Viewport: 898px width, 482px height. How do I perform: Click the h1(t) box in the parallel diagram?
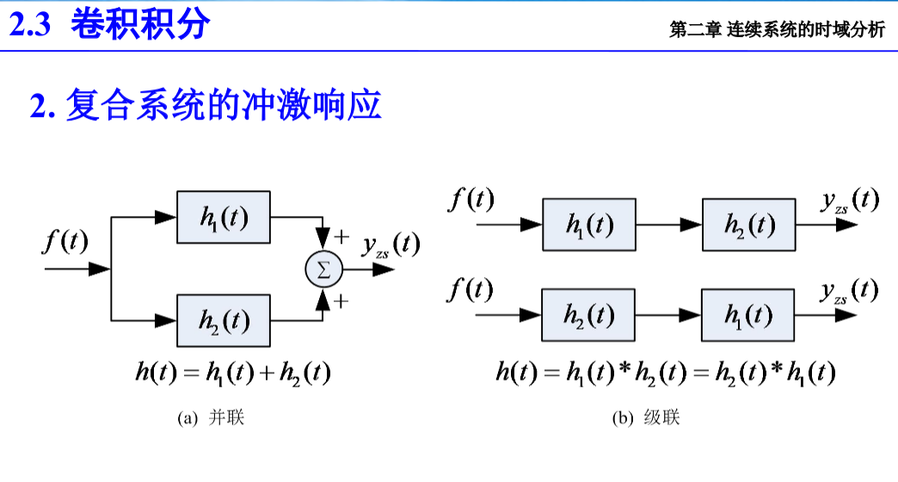point(224,218)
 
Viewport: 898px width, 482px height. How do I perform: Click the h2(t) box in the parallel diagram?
point(224,320)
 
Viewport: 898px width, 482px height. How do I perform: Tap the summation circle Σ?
point(323,269)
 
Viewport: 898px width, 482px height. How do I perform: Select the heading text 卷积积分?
point(140,24)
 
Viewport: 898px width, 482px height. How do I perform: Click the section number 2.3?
point(32,25)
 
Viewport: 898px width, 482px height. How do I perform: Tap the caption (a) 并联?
point(211,418)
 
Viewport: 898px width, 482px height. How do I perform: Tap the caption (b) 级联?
point(645,418)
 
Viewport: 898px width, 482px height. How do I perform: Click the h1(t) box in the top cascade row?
point(589,225)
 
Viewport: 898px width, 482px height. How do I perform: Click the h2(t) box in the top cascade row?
point(748,225)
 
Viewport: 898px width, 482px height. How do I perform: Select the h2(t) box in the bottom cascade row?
point(588,315)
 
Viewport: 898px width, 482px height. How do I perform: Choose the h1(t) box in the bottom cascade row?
point(748,315)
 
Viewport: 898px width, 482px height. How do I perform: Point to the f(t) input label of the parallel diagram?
point(65,242)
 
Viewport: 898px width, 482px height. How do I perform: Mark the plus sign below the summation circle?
point(341,300)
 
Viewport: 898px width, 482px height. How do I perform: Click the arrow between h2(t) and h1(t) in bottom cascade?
point(669,315)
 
